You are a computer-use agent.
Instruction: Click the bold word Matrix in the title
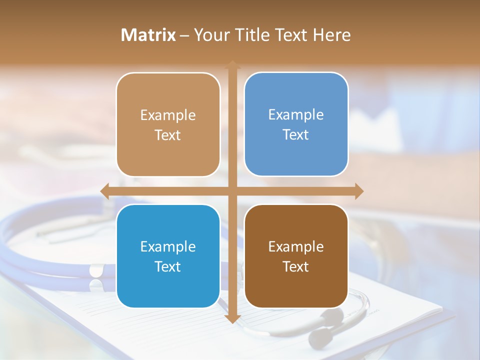point(148,35)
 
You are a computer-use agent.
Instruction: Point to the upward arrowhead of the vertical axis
point(232,65)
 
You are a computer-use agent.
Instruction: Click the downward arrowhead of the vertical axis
point(232,318)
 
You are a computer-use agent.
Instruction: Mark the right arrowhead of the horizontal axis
point(358,191)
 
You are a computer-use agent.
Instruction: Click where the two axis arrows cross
point(232,191)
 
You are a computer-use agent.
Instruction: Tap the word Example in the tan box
point(168,115)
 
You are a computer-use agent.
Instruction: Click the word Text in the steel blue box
point(296,134)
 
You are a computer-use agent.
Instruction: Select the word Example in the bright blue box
point(168,246)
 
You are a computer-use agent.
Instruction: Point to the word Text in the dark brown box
point(296,266)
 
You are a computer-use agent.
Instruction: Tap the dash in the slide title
point(184,35)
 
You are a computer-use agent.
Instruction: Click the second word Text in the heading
point(291,35)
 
